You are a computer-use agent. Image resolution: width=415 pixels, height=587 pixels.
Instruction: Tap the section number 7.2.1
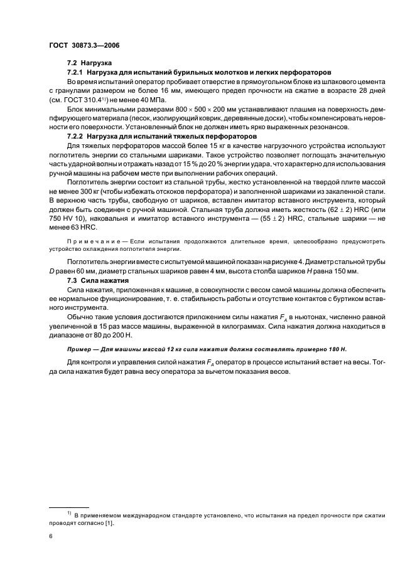pyautogui.click(x=76, y=73)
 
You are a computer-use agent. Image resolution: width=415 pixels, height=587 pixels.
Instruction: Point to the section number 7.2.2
pyautogui.click(x=76, y=135)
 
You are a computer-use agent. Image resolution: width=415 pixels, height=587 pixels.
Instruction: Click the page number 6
pyautogui.click(x=51, y=537)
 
